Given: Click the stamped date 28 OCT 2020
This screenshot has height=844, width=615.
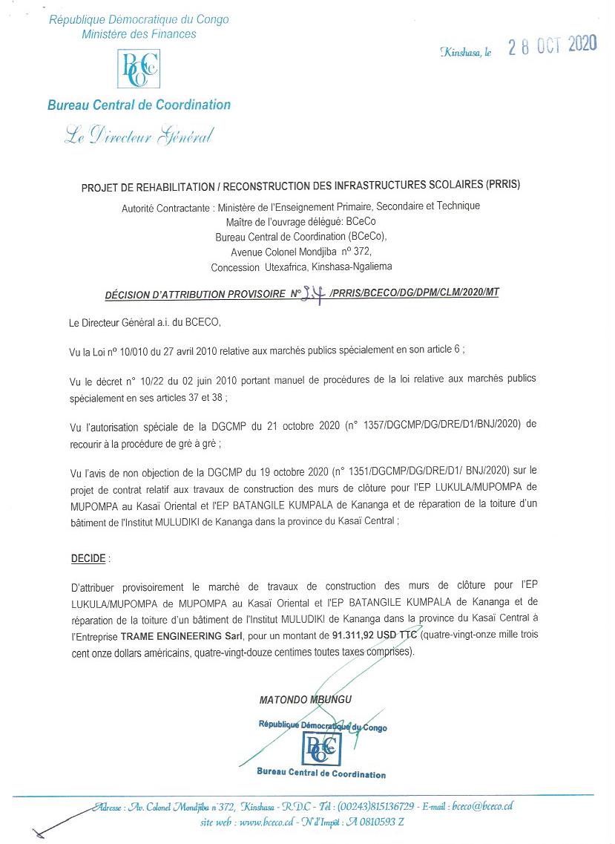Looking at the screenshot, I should [x=552, y=46].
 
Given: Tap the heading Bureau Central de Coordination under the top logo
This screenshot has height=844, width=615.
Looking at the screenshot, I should [x=139, y=105].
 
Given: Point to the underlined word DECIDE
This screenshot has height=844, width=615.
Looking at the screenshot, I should [x=88, y=557].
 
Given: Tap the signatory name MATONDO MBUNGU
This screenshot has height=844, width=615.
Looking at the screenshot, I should [x=306, y=699].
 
